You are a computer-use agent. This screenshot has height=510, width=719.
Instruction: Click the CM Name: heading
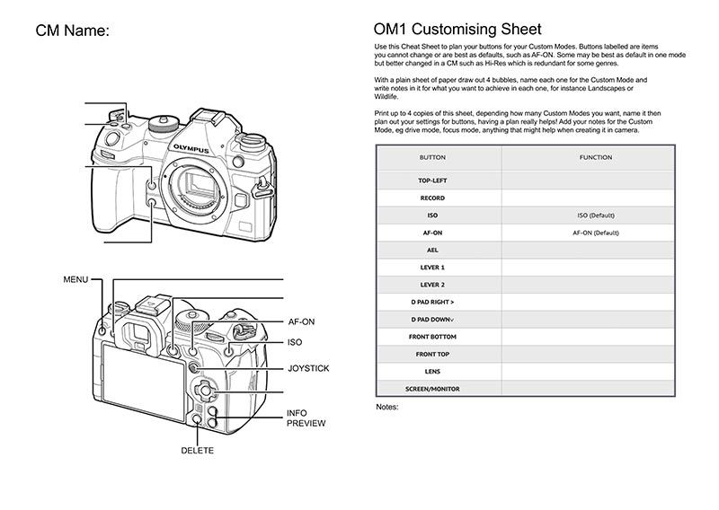click(x=72, y=31)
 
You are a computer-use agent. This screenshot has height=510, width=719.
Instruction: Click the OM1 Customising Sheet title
click(x=457, y=30)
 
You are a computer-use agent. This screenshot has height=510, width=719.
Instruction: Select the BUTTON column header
click(x=432, y=157)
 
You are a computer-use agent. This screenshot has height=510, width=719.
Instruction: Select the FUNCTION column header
click(x=596, y=157)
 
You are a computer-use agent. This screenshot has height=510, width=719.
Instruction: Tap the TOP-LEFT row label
click(x=432, y=180)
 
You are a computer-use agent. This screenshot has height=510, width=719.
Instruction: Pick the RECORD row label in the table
click(x=432, y=198)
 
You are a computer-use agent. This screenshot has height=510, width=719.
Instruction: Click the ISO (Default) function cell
click(x=596, y=215)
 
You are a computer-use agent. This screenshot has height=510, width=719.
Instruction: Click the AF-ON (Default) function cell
click(x=596, y=233)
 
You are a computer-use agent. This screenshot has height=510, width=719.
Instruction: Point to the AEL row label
click(x=432, y=250)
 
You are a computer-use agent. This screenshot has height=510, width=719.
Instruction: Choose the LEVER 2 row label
click(x=432, y=285)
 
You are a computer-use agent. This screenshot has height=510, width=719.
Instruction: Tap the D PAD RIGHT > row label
click(x=432, y=302)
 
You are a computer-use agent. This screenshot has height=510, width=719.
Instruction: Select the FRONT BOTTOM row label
click(x=432, y=337)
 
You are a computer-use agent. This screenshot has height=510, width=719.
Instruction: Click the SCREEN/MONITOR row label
click(x=432, y=389)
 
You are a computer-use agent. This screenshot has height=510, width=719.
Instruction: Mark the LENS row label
click(x=432, y=371)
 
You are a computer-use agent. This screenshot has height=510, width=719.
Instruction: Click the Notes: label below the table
click(x=386, y=407)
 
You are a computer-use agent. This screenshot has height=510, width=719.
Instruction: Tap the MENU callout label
click(x=75, y=279)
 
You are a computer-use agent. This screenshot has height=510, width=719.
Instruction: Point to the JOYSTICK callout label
click(x=308, y=368)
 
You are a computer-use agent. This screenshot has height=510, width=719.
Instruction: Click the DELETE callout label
click(x=198, y=450)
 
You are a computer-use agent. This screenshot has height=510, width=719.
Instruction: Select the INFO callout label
click(x=297, y=413)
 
